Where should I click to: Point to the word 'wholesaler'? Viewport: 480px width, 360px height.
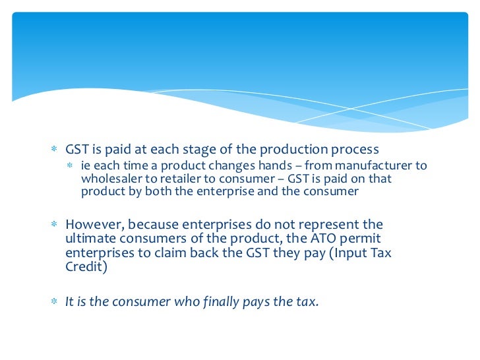[x=109, y=178]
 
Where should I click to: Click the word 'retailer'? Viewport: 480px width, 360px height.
[x=173, y=178]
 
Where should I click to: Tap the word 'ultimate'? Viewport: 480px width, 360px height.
[x=88, y=239]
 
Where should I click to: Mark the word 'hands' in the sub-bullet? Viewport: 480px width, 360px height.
[x=253, y=165]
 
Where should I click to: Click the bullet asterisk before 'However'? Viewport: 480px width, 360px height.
[x=56, y=225]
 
